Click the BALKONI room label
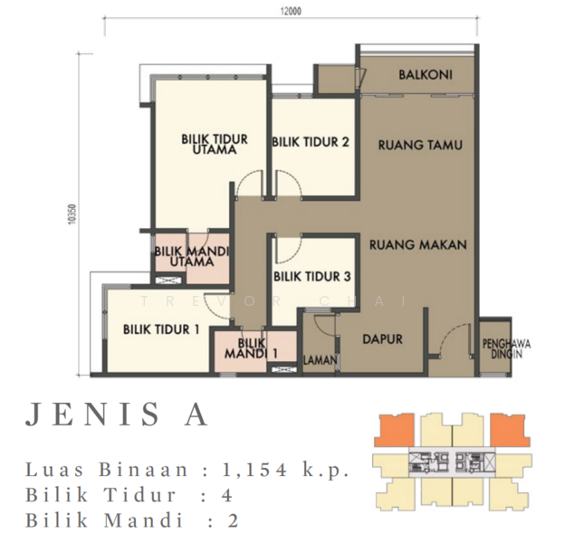point(426,75)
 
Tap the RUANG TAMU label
point(420,145)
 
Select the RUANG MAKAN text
point(418,245)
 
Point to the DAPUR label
point(382,338)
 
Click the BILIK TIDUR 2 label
point(311,142)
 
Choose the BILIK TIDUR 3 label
point(312,277)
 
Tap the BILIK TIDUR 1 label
point(161,329)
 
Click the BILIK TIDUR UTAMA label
point(215,145)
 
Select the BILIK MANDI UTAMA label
point(192,256)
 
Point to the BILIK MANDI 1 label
point(251,348)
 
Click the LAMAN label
point(321,359)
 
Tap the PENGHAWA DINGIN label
point(506,349)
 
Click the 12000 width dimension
point(291,11)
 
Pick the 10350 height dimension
point(72,214)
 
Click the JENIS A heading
point(117,414)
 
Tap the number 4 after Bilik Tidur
point(227,495)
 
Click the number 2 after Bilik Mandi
point(233,521)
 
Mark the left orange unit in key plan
point(394,431)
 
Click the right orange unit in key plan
point(510,431)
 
